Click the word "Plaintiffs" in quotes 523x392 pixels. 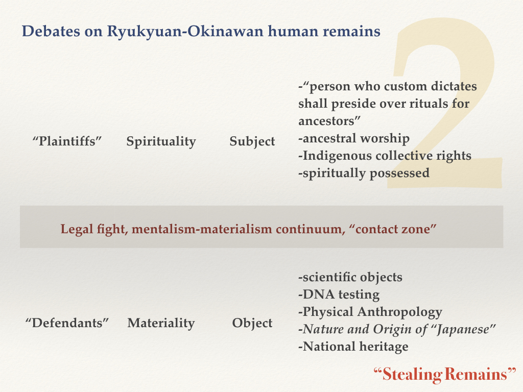67,141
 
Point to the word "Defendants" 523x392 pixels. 67,323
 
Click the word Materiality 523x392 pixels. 161,323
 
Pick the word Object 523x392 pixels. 252,323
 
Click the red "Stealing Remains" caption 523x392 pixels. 445,374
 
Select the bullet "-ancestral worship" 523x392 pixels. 354,138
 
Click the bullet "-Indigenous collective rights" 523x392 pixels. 385,156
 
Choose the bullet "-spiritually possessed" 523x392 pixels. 364,173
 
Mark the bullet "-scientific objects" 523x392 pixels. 350,277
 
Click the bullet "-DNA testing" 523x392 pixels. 339,295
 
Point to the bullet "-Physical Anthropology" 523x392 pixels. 370,312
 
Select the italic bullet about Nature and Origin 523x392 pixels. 397,329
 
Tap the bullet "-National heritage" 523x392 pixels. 353,347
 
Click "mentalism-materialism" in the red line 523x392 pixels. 202,229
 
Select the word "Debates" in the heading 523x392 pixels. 51,31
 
